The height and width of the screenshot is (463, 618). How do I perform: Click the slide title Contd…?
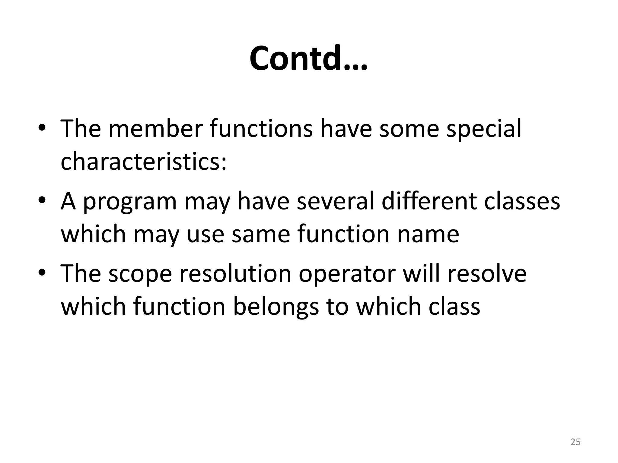pos(308,58)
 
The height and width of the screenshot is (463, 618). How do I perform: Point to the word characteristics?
pos(144,161)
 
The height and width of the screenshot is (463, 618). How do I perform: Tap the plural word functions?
pos(261,129)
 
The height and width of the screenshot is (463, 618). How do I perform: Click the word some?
pos(409,129)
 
